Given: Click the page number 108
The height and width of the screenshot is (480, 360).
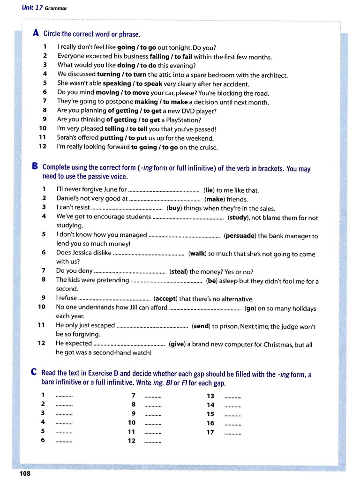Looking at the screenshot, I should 25,473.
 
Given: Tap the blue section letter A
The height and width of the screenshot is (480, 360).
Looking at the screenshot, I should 36,34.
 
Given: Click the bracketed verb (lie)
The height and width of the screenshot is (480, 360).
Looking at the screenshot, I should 209,190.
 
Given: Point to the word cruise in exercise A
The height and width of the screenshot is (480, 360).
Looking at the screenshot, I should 209,147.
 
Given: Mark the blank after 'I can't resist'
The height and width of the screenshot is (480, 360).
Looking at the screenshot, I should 128,208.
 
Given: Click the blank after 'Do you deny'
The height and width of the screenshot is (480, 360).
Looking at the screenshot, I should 130,271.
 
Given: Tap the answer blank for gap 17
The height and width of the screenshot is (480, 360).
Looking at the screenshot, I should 233,432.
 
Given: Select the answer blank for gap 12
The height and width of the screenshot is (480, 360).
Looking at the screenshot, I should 153,441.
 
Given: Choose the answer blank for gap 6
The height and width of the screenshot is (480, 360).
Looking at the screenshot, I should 64,441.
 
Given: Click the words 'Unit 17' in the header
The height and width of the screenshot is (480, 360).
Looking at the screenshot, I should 32,8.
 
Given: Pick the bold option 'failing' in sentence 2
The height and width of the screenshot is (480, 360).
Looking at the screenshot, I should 159,57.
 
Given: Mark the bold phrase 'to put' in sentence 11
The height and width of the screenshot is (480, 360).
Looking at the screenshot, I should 138,138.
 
